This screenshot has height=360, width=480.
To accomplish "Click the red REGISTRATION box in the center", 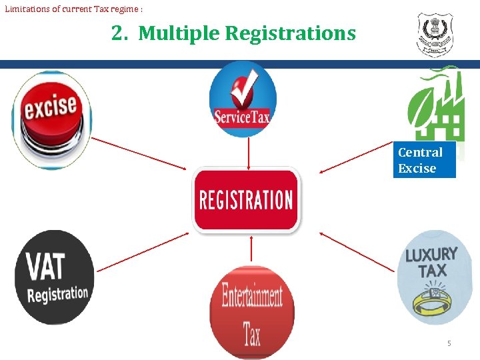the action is pyautogui.click(x=247, y=200).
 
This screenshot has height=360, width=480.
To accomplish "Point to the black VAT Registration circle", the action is pyautogui.click(x=54, y=277).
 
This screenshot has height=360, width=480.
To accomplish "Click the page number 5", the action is pyautogui.click(x=449, y=343).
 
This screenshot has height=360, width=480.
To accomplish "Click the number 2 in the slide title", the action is pyautogui.click(x=119, y=33).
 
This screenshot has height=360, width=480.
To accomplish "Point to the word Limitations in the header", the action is pyautogui.click(x=27, y=8).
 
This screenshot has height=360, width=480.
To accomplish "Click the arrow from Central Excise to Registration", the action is pyautogui.click(x=357, y=157).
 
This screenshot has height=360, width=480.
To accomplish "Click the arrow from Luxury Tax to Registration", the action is pyautogui.click(x=357, y=251).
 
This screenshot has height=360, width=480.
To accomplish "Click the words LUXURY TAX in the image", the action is pyautogui.click(x=431, y=262).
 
